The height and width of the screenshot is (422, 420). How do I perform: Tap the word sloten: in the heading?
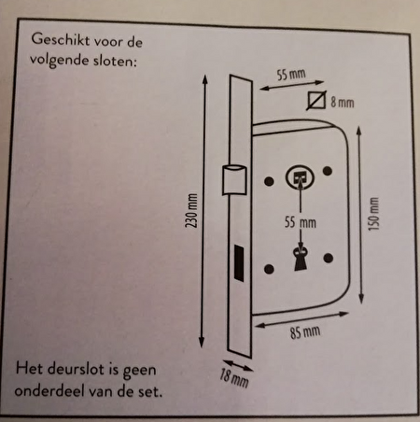point(115,62)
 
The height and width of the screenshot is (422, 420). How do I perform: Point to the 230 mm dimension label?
point(191,210)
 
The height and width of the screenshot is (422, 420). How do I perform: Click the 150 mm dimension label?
point(373,214)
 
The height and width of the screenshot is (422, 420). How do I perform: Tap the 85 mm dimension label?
point(305,332)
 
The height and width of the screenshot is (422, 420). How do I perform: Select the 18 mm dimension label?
point(234,378)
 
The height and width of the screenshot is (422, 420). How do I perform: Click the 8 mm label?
point(343,102)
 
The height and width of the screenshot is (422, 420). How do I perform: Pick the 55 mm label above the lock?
point(291,75)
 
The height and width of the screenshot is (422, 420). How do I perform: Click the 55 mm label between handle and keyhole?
point(301,222)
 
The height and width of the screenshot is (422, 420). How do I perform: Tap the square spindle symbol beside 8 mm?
point(316,101)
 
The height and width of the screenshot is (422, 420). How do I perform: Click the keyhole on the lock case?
point(301,259)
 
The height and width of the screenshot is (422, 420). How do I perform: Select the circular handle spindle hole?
point(300,178)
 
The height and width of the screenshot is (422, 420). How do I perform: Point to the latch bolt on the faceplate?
point(234,180)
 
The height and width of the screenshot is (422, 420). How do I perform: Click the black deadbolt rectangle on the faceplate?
point(239,262)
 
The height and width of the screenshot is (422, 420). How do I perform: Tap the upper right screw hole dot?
point(328,171)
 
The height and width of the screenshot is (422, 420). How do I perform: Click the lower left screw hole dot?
point(269,269)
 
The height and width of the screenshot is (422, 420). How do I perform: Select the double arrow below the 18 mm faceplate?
point(238,366)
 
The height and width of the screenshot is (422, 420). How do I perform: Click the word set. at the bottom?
point(150,391)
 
